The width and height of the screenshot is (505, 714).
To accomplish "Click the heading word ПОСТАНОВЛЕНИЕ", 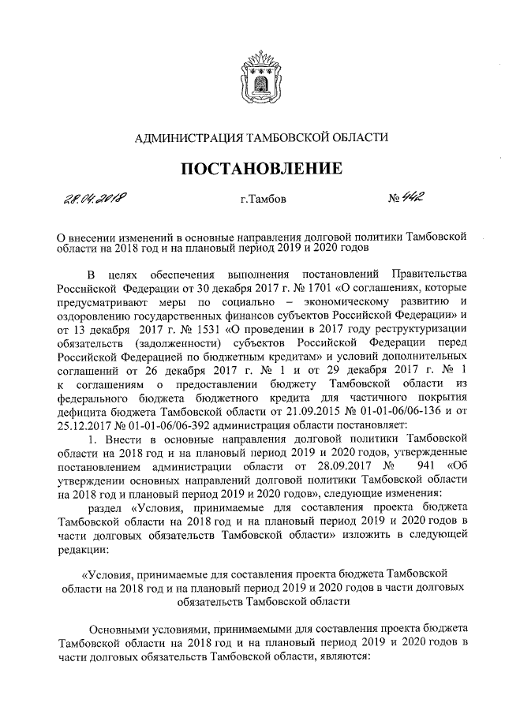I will coord(263,168).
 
